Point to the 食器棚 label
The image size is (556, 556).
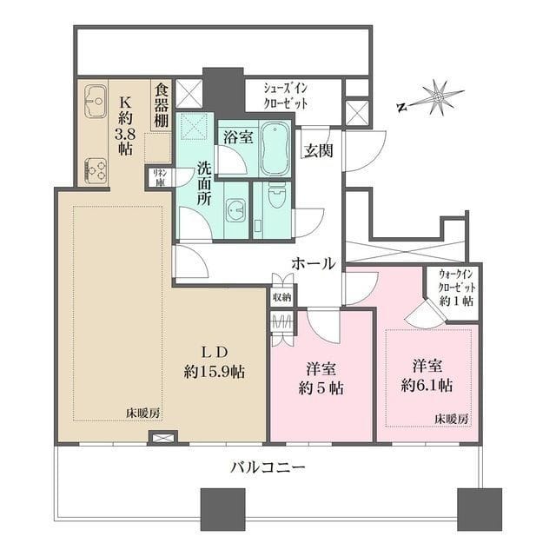(x=161, y=103)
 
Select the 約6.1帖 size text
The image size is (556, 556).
(x=427, y=382)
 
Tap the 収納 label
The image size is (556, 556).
(x=281, y=297)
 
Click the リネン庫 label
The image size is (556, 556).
(x=160, y=177)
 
